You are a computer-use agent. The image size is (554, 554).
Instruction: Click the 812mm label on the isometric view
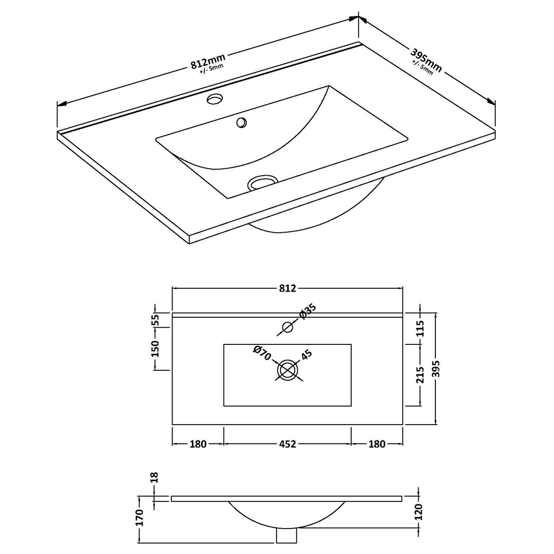point(208,61)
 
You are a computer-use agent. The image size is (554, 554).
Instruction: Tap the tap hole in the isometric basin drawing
point(215,99)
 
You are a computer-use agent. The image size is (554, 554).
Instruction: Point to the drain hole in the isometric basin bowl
point(262,182)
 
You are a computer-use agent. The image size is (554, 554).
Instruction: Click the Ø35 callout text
point(307,312)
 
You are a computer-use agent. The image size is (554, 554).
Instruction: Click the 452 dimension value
point(287,444)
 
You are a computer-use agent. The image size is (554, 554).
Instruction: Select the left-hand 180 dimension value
point(198,444)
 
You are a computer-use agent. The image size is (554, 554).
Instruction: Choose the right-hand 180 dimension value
point(377,444)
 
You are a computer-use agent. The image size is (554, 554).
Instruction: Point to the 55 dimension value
point(155,320)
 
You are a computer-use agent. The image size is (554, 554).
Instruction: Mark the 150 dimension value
point(155,349)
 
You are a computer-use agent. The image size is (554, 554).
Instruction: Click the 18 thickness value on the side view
point(154,476)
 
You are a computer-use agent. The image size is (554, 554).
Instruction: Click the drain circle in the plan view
point(287,370)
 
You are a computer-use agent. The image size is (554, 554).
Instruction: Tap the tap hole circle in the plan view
point(287,327)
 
